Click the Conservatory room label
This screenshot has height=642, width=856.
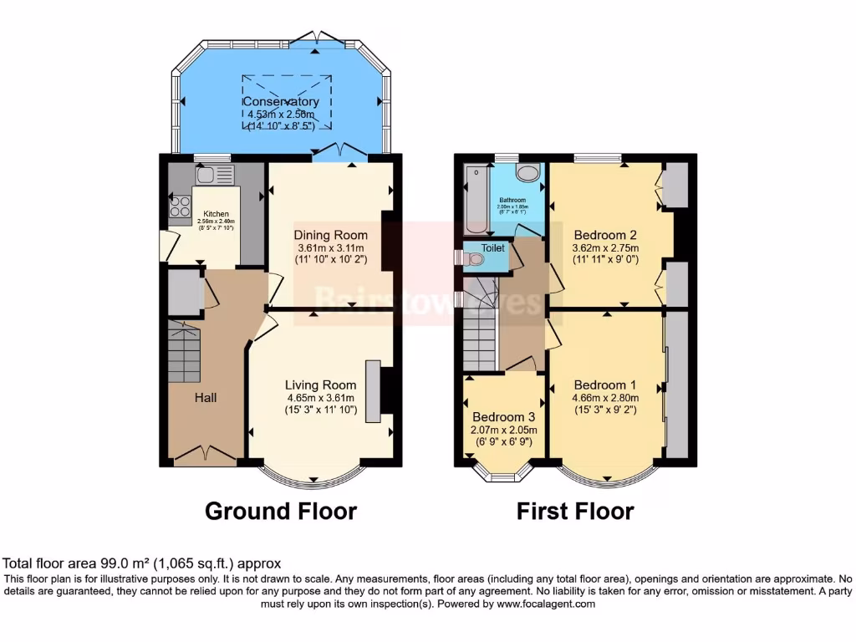pos(281,102)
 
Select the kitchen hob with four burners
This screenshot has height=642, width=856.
pos(180,206)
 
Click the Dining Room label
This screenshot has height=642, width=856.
pos(330,235)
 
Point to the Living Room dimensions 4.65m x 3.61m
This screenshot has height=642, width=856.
pos(321,398)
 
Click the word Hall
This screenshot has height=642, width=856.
pos(206,397)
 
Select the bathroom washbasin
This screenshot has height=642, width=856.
pos(527,173)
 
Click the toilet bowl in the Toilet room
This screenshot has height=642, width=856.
pos(475,260)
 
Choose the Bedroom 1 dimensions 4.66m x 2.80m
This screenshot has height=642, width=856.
pos(606,398)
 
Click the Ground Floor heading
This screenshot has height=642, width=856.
pos(281,511)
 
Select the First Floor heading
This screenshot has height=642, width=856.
pos(575,511)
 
